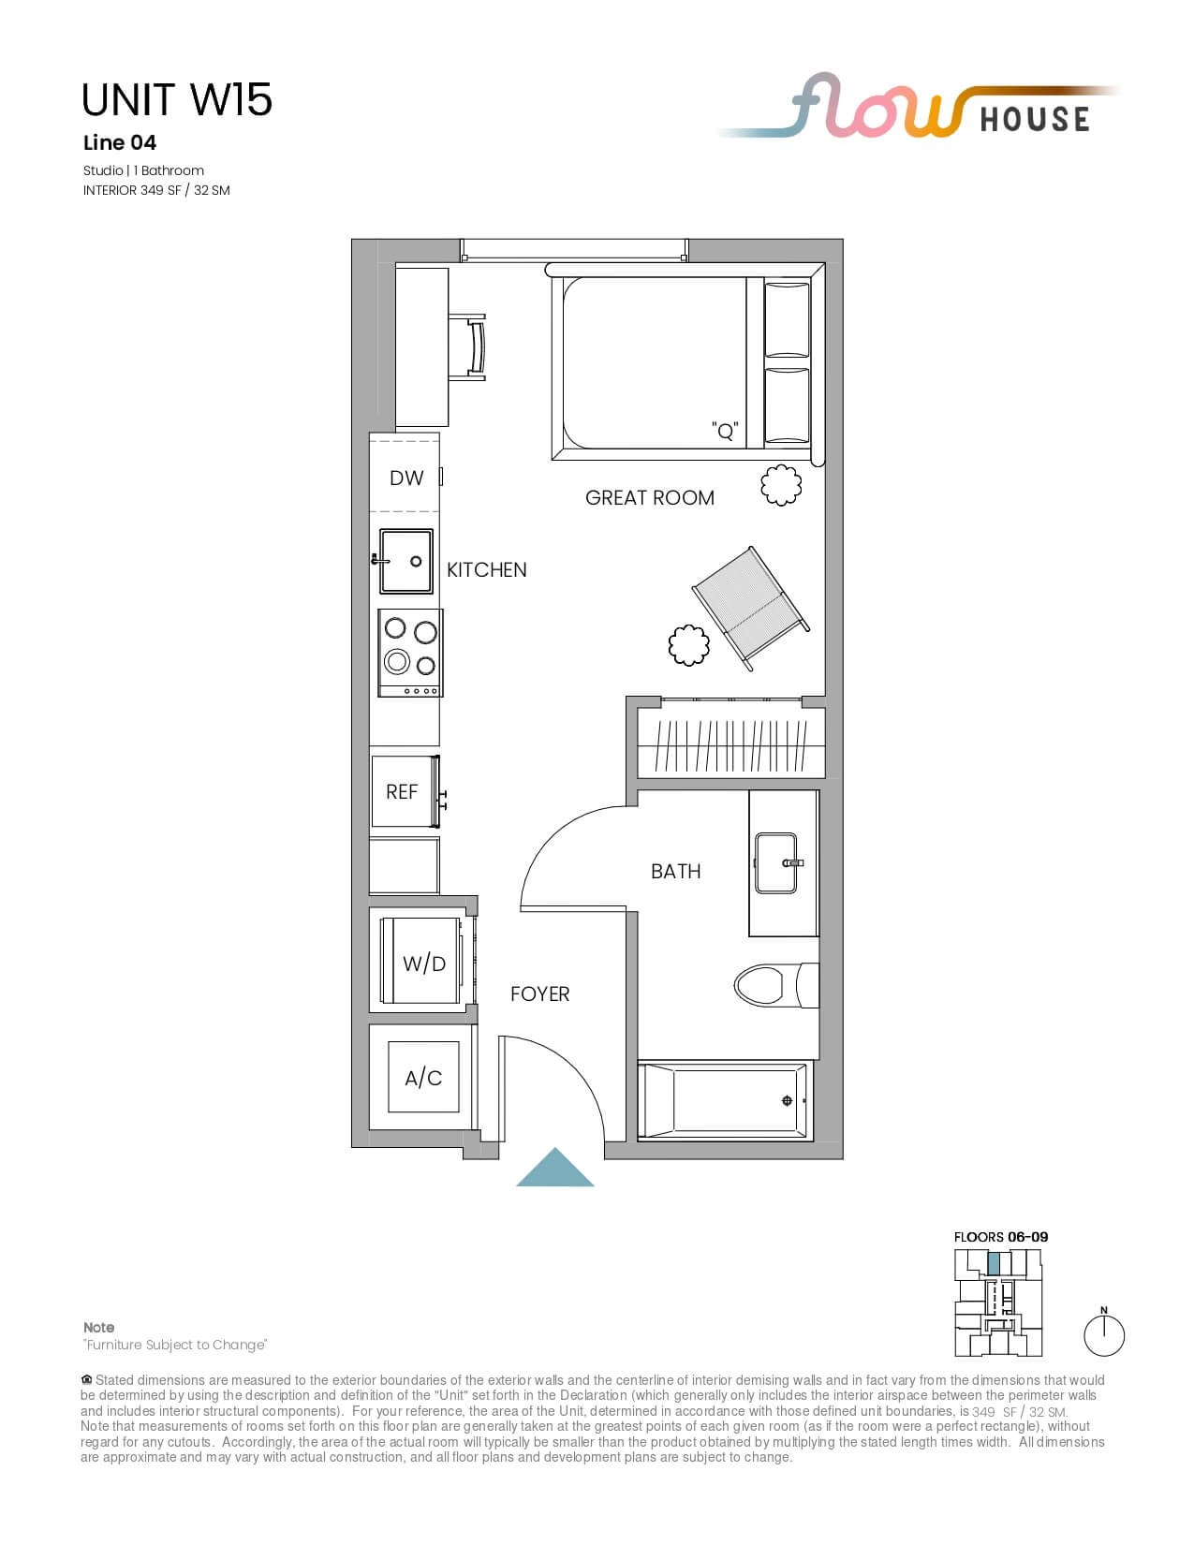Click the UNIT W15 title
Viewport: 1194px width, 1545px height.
coord(177,99)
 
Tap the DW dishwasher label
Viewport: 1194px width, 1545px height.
coord(406,478)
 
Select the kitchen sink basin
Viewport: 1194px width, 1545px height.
coord(405,561)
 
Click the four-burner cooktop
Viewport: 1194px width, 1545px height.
coord(410,653)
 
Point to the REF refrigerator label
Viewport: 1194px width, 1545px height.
coord(402,792)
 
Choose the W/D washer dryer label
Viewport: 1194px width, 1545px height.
coord(424,964)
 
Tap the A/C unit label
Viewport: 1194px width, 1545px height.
coord(423,1079)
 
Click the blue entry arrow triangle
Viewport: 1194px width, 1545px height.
coord(554,1168)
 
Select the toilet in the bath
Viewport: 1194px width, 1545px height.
coord(775,985)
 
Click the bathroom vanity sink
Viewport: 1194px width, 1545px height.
coord(775,863)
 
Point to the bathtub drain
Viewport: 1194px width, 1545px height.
coord(787,1100)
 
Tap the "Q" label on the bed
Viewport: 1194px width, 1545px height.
coord(725,430)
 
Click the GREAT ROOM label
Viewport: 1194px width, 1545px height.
coord(649,498)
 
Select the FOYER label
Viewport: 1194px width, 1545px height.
coord(539,994)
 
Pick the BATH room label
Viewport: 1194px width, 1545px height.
coord(675,872)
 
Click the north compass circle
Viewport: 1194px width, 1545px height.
coord(1104,1336)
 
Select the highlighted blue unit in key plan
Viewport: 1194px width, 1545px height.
coord(995,1264)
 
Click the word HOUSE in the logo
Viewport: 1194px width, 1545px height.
coord(1035,120)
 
